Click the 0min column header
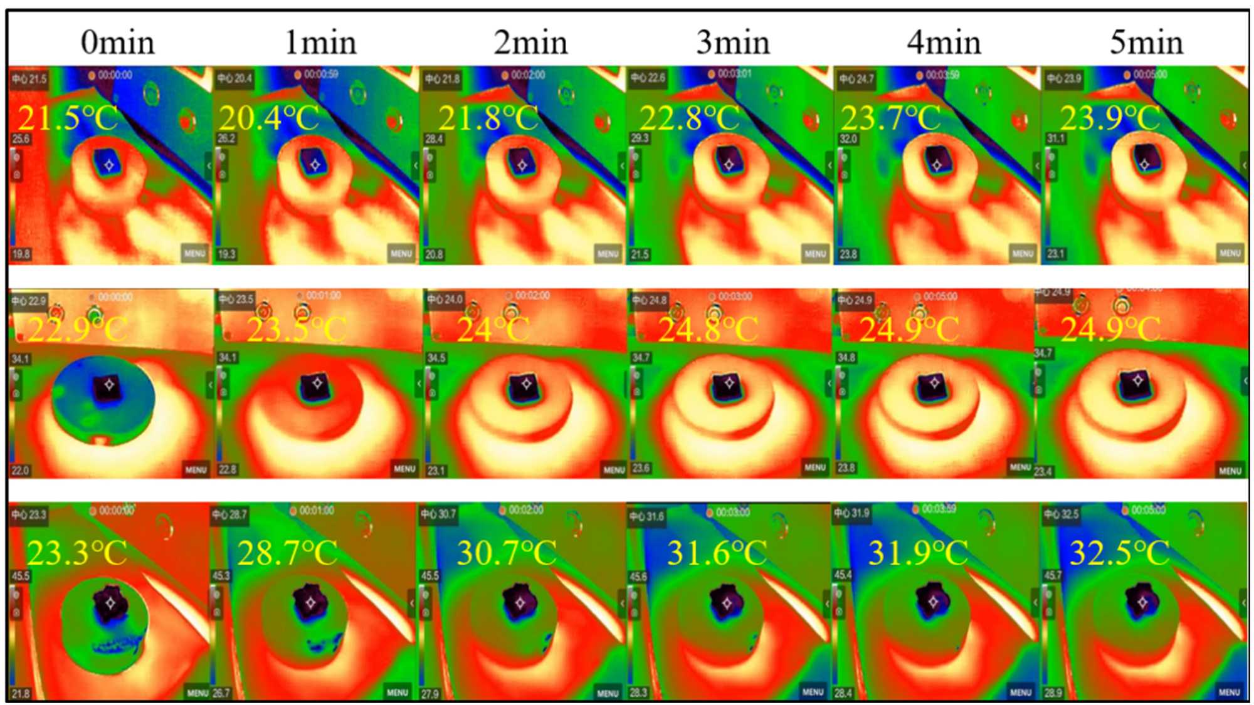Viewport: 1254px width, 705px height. click(x=117, y=43)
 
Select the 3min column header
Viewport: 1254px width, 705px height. click(x=733, y=43)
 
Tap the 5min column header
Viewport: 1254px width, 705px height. click(x=1146, y=43)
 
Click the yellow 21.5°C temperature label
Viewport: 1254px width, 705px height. click(x=68, y=118)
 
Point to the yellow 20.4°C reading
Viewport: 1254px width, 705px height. click(x=268, y=118)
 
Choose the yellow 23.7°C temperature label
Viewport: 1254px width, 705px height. click(x=890, y=118)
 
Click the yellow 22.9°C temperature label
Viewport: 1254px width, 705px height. click(x=77, y=329)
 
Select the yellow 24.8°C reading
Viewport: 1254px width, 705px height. click(x=708, y=329)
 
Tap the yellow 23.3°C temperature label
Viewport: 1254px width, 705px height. click(x=76, y=553)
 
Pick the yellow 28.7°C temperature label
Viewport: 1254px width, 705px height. click(x=287, y=553)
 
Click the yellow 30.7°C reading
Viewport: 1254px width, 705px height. click(x=507, y=553)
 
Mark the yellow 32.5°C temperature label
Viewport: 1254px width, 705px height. click(x=1119, y=553)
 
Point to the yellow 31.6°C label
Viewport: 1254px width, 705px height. click(x=717, y=553)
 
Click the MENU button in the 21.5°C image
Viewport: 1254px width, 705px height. click(x=194, y=253)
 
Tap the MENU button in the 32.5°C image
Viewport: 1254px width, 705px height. click(x=1229, y=692)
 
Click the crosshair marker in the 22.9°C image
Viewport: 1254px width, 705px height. click(x=110, y=384)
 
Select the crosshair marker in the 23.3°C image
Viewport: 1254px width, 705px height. click(x=111, y=603)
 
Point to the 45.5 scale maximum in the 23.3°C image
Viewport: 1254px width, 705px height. click(x=21, y=575)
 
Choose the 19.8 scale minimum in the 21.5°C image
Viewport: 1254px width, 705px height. click(x=21, y=254)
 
